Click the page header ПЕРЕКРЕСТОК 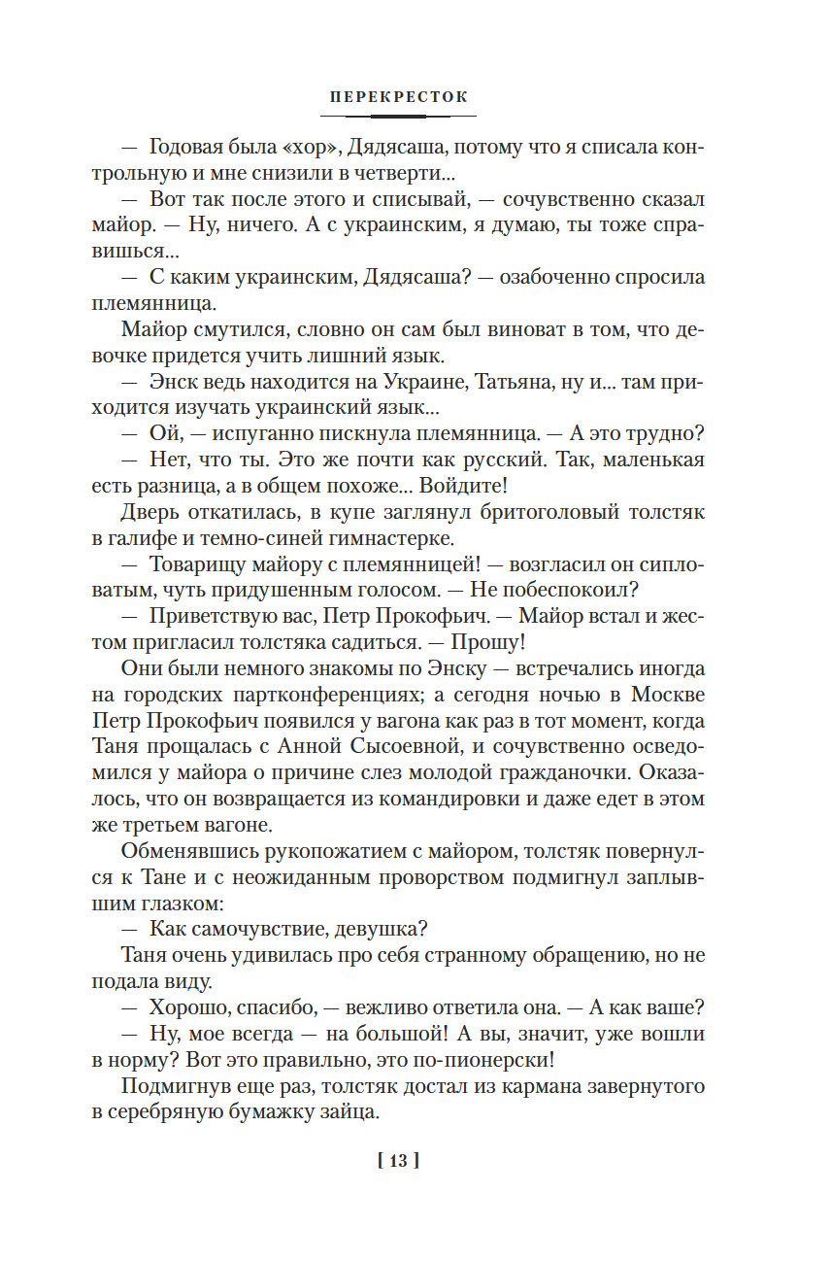(x=398, y=97)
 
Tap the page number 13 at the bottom (x=398, y=1160)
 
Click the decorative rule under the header (x=398, y=116)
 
